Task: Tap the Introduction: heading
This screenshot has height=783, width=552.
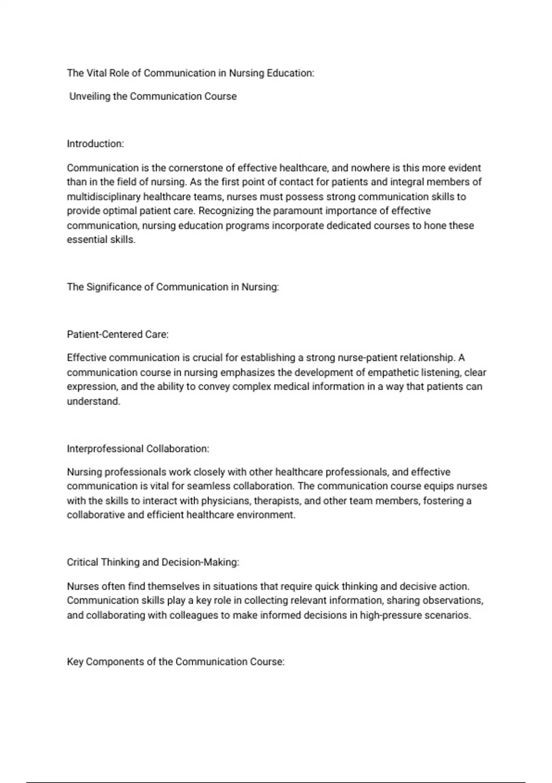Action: pos(95,144)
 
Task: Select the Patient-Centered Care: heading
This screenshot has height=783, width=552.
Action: pos(118,335)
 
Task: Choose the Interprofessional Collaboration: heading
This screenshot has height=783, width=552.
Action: pos(138,449)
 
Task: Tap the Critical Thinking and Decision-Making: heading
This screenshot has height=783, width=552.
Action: pos(153,563)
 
